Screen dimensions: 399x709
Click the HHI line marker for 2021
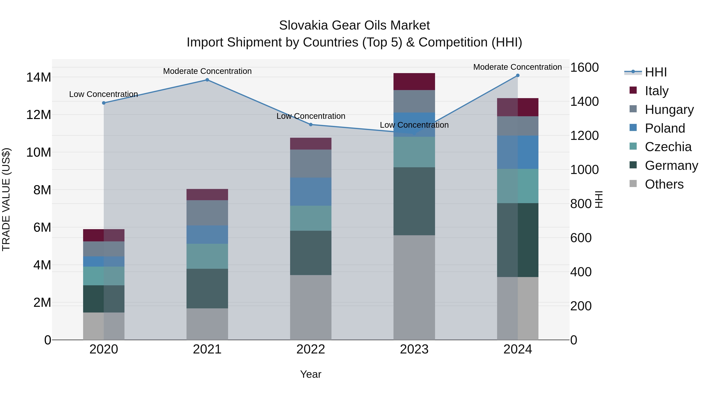(207, 80)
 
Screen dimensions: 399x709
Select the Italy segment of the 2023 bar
(414, 82)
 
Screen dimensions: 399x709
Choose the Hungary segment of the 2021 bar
(207, 213)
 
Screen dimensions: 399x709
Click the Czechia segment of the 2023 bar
(414, 152)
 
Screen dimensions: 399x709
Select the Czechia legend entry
(668, 147)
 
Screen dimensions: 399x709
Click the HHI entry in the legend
(656, 72)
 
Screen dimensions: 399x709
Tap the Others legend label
(664, 184)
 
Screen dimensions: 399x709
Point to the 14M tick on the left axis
(39, 77)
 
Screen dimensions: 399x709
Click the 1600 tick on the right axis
(584, 67)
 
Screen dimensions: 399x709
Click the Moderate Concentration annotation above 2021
(207, 71)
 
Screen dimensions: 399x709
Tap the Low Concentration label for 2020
(103, 94)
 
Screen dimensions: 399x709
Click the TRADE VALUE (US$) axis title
(6, 199)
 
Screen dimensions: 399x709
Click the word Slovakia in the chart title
(303, 25)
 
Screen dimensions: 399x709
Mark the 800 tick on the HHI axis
(581, 204)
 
